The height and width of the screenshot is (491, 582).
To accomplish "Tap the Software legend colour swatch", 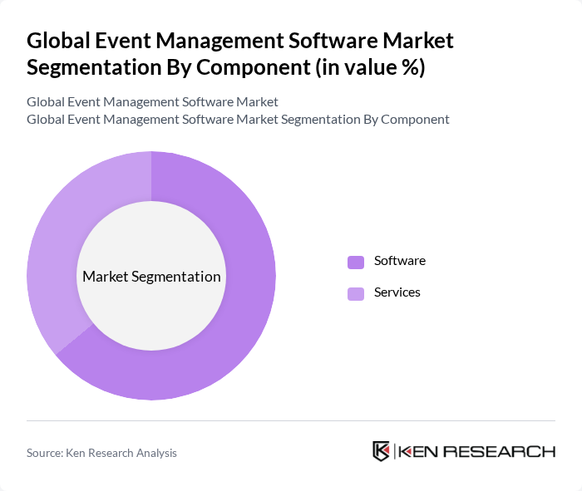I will pos(356,262).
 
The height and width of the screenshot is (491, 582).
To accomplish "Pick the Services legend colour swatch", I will pos(356,293).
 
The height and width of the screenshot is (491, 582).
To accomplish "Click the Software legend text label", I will pos(399,261).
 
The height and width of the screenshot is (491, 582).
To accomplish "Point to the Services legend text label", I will pos(397,292).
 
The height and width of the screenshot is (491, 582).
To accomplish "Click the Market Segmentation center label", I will pos(151,277).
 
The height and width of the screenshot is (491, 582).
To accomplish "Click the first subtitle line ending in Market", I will pos(152,102).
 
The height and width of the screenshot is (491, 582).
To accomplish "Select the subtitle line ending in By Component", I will pos(238,120).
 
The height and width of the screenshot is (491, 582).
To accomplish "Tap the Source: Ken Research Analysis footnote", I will pos(101,453).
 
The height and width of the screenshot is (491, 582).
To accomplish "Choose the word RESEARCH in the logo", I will pos(499,452).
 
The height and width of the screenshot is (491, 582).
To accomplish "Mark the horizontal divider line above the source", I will pos(291,421).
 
